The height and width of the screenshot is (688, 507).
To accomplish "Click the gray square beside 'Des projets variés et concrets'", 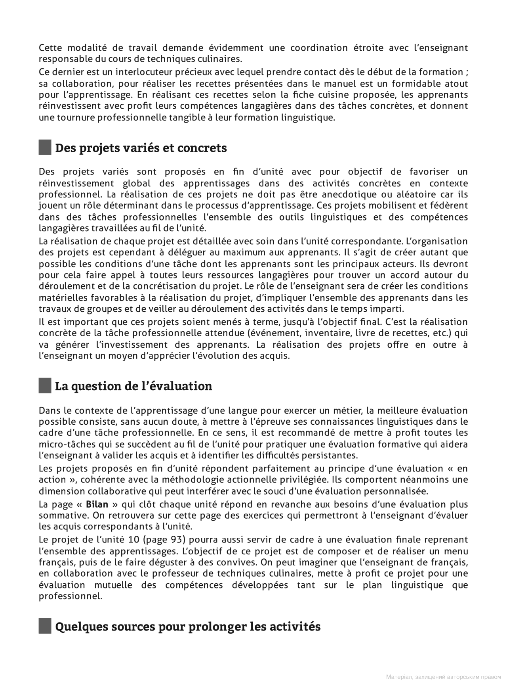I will tap(45, 148).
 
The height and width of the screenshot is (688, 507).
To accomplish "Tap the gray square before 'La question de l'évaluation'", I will tap(45, 386).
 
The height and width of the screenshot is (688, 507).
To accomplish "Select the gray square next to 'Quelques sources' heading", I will tap(45, 627).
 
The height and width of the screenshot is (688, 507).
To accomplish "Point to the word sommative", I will tap(59, 516).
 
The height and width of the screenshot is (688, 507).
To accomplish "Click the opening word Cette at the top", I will tap(50, 48).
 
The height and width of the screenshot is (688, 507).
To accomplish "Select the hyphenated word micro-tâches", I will tap(65, 444).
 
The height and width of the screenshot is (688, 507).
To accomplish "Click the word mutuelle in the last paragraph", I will tap(113, 585).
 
